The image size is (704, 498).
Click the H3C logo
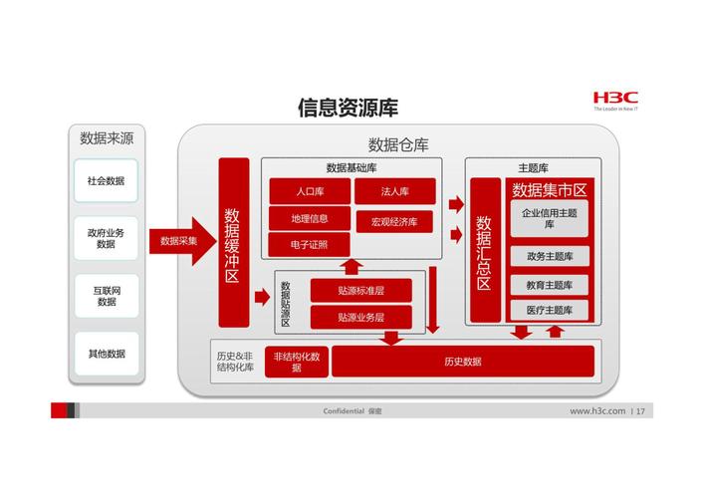pyautogui.click(x=615, y=100)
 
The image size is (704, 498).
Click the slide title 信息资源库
pyautogui.click(x=348, y=108)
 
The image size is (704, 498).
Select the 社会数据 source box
pyautogui.click(x=106, y=180)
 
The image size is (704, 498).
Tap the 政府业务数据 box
pyautogui.click(x=106, y=238)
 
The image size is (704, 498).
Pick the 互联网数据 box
pyautogui.click(x=107, y=296)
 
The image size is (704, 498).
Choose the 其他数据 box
pyautogui.click(x=107, y=354)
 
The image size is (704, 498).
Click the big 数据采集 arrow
pyautogui.click(x=183, y=241)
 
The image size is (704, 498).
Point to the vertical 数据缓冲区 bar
pyautogui.click(x=233, y=242)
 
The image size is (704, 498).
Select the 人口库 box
pyautogui.click(x=310, y=191)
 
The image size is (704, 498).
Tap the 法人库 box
pyautogui.click(x=395, y=191)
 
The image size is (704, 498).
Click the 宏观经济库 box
pyautogui.click(x=394, y=221)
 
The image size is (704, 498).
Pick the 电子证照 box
pyautogui.click(x=309, y=245)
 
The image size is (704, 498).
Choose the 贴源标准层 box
pyautogui.click(x=361, y=290)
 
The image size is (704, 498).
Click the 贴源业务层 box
pyautogui.click(x=361, y=318)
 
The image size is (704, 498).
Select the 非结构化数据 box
pyautogui.click(x=297, y=362)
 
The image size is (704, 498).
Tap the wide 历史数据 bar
pyautogui.click(x=463, y=362)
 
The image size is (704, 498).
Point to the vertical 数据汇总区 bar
pyautogui.click(x=485, y=250)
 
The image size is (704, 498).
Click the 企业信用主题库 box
pyautogui.click(x=549, y=218)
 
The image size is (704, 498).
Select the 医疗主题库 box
pyautogui.click(x=549, y=310)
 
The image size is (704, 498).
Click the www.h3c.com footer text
pyautogui.click(x=597, y=411)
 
